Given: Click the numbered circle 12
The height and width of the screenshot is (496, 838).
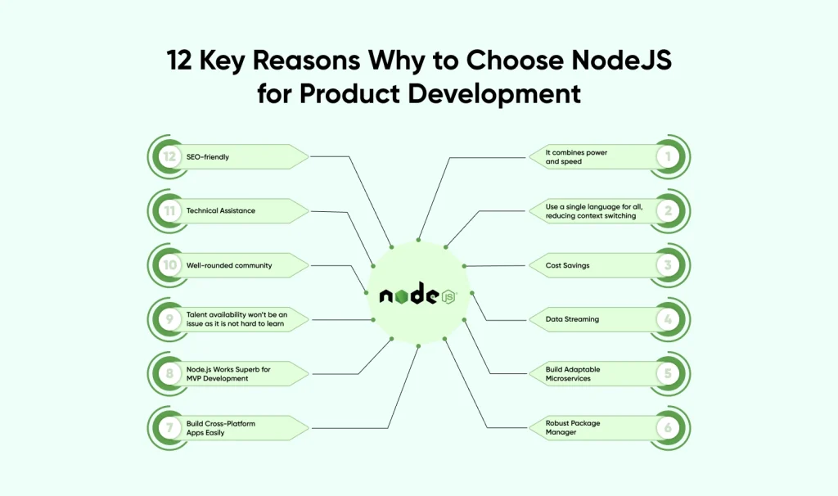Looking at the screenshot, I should click(x=170, y=157).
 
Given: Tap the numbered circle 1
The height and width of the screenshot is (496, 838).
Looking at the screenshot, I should click(x=668, y=157).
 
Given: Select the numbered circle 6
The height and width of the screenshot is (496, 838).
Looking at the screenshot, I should click(x=668, y=427).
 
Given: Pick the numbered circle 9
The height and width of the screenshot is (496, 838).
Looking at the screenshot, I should click(x=170, y=319).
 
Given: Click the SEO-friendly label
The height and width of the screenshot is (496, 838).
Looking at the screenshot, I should click(x=208, y=157).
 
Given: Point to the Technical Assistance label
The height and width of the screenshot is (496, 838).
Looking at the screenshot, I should click(x=221, y=211).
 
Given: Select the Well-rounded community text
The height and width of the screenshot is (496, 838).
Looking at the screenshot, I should click(x=229, y=265).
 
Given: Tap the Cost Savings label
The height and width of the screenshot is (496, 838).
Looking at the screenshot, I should click(x=568, y=265).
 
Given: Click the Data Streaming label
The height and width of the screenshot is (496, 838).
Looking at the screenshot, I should click(x=573, y=319).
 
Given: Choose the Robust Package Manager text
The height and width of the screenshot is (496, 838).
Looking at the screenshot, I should click(x=573, y=427).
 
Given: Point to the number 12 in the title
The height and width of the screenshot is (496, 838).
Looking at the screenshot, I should click(x=184, y=61).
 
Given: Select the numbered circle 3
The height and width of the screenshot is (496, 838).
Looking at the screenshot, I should click(x=668, y=265).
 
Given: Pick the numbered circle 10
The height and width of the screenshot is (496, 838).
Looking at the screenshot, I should click(x=170, y=265).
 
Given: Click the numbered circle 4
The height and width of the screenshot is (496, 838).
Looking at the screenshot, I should click(x=668, y=319).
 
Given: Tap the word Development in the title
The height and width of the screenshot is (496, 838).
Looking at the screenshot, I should click(x=495, y=93).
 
